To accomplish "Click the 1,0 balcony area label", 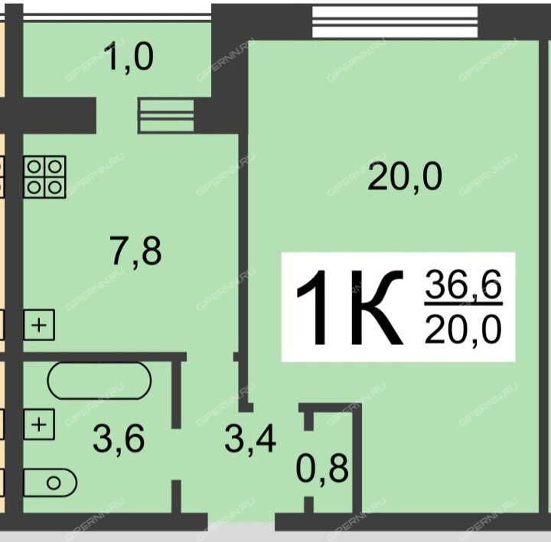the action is coord(129,56).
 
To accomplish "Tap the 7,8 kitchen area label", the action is coord(136,251).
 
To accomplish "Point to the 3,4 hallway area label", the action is coord(250,438).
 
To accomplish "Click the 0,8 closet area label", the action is coord(323,468).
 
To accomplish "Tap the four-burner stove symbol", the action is coord(44,177).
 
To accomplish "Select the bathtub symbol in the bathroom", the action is coord(99,380).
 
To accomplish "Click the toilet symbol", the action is coord(50,482).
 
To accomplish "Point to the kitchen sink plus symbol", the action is coord(39,325).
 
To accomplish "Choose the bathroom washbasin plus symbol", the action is coord(39,424).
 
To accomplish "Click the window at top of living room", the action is coord(395,21).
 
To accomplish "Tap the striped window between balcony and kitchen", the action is coord(165,116).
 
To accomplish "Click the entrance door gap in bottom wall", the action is coord(241,522).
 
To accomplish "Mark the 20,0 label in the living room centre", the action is coord(405,177).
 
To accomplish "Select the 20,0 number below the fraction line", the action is coord(463,329).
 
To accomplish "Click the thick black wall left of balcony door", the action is coord(48,115).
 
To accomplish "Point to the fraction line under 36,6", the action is coord(464,303).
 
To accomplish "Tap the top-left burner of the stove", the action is coord(34,167).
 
